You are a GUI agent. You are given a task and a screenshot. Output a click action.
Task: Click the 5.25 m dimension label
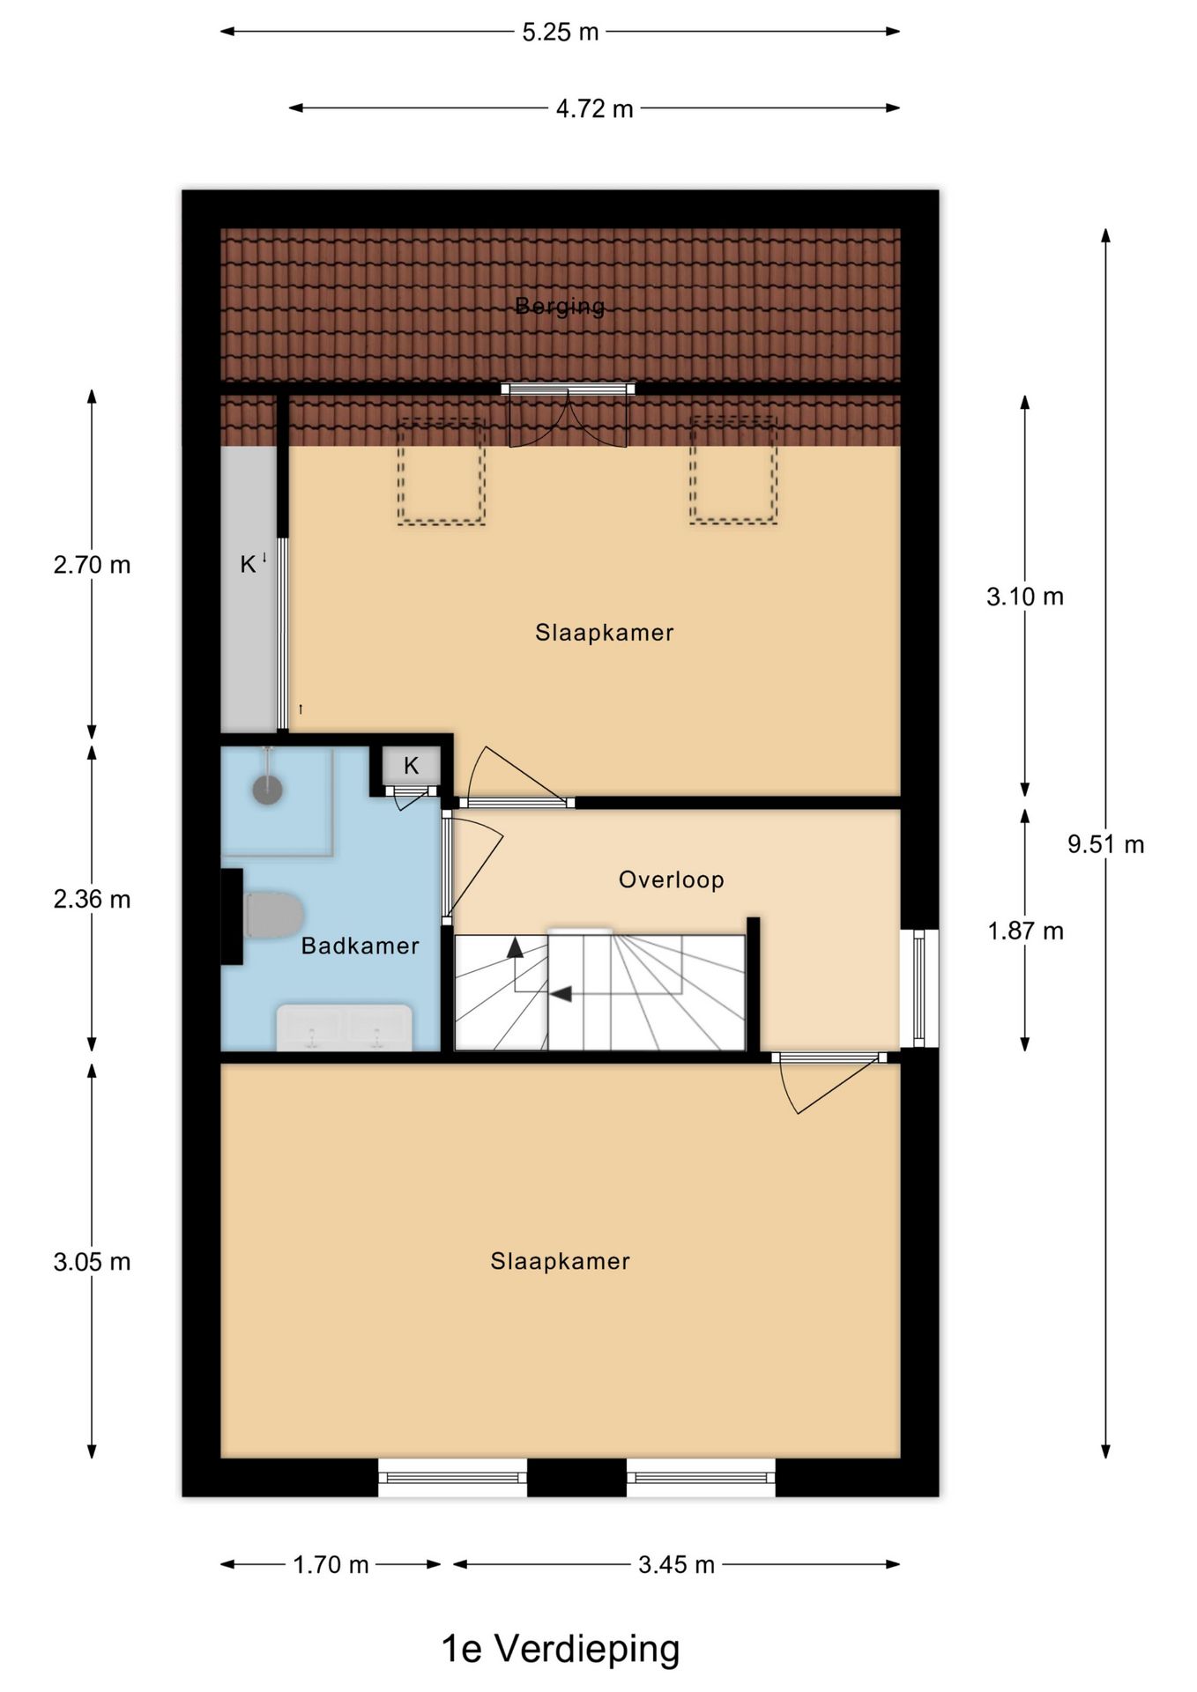[x=560, y=33]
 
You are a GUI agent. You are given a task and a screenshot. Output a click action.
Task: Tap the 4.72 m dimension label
[x=594, y=108]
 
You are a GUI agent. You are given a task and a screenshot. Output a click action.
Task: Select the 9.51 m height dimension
[x=1105, y=844]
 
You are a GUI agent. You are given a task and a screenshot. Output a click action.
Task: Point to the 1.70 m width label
[x=331, y=1564]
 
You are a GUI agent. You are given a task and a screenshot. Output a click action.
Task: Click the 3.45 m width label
[x=676, y=1564]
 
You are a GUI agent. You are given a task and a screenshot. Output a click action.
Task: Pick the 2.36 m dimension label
[x=92, y=899]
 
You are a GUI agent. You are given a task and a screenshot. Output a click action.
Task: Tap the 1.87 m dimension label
[x=1025, y=931]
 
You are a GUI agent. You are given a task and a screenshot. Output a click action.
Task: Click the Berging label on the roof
[x=560, y=306]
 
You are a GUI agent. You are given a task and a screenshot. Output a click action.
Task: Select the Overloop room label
[x=671, y=879]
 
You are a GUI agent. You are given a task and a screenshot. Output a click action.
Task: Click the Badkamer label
[x=360, y=946]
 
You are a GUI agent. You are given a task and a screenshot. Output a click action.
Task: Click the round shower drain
[x=267, y=790]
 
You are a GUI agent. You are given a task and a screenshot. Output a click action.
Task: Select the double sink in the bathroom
[x=344, y=1028]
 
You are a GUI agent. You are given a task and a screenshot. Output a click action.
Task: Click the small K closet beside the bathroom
[x=411, y=766]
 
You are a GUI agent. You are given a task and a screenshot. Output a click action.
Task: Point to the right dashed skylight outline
[x=733, y=471]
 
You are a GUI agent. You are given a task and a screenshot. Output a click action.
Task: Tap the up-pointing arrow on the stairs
[x=515, y=948]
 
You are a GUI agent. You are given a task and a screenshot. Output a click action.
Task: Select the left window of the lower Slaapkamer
[x=452, y=1478]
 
